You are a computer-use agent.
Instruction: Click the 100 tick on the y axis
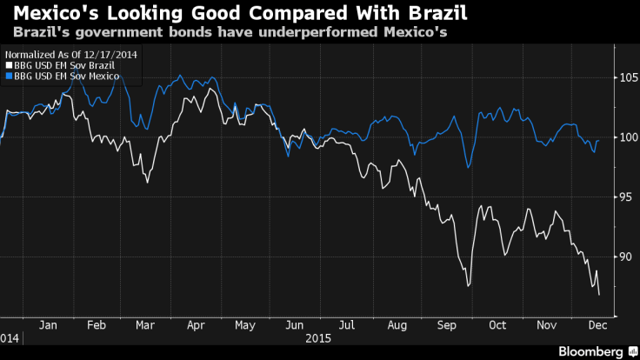point(623,137)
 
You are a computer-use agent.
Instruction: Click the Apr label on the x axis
point(196,324)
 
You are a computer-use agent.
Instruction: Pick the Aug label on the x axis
point(396,324)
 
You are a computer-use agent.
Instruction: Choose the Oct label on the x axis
point(497,324)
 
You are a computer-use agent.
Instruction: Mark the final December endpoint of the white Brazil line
point(599,295)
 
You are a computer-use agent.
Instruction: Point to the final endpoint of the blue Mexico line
point(599,140)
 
